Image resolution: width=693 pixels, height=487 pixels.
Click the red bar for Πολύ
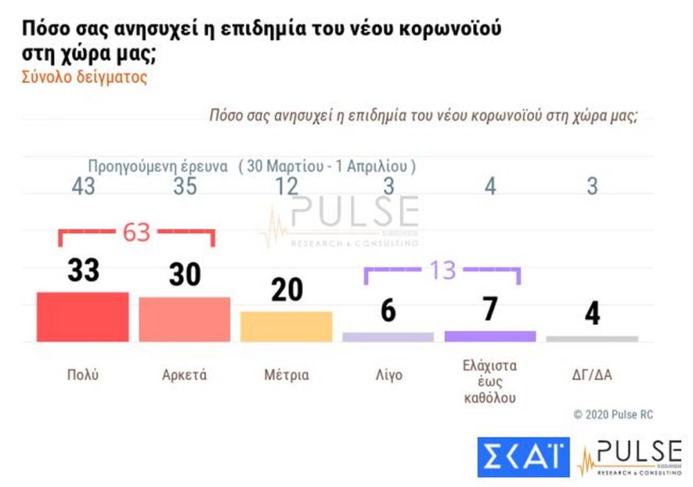pos(82,316)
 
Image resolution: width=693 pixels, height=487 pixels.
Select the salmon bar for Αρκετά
pos(184,319)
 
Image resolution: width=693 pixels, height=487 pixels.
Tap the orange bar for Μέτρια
pos(286,326)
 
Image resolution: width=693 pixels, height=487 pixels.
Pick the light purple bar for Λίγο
pos(388,337)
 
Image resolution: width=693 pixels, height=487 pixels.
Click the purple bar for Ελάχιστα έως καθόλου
pos(490,336)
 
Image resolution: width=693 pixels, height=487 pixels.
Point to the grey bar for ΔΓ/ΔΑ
pos(592,339)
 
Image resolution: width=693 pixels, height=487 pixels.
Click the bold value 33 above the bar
pos(83,270)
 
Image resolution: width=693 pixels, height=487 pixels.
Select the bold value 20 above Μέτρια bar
pos(287,289)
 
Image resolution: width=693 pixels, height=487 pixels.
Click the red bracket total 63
pos(136,232)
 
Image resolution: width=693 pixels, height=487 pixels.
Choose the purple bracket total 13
pos(443,270)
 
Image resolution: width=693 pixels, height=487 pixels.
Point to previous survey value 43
pos(83,187)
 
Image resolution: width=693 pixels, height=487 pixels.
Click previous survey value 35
pos(185,187)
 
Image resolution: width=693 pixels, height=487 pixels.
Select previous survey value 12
pos(286,187)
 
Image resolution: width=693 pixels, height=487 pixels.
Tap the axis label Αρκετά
pos(184,375)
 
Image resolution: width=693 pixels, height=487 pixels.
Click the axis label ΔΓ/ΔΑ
pos(592,375)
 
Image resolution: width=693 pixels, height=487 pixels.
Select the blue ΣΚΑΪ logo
pos(523,457)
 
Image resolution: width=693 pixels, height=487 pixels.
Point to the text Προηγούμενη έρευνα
pos(158,166)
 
